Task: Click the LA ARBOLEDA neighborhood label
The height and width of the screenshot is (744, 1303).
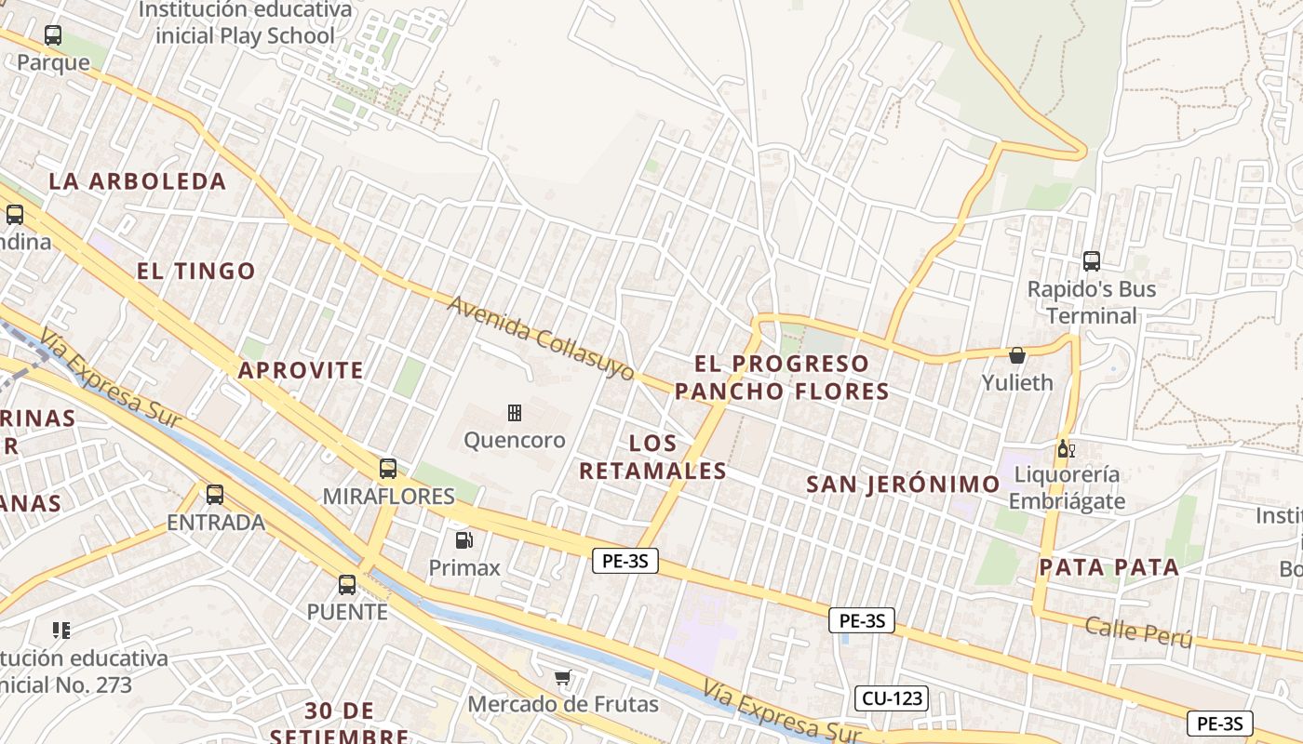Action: (x=138, y=181)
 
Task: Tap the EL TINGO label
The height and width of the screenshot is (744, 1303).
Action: (x=196, y=272)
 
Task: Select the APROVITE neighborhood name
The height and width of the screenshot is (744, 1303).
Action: (x=301, y=370)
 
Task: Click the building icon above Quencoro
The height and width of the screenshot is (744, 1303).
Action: (x=514, y=412)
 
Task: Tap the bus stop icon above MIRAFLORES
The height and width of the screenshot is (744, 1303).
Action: (x=388, y=469)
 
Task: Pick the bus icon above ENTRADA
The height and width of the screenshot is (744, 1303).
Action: (x=215, y=495)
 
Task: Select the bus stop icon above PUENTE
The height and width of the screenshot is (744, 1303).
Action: (x=347, y=585)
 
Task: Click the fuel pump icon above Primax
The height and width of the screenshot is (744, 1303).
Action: (x=463, y=539)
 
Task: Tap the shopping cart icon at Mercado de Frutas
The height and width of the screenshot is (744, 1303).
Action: (x=562, y=677)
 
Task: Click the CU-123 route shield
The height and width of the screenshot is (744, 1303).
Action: (x=891, y=697)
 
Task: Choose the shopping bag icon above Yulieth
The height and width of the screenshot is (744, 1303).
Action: (x=1017, y=355)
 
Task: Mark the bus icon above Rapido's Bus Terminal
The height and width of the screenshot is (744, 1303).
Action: (x=1092, y=261)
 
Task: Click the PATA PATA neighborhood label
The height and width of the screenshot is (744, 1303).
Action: (x=1108, y=567)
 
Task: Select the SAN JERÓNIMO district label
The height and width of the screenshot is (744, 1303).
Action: (x=903, y=484)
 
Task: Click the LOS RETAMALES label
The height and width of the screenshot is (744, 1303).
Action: (x=652, y=457)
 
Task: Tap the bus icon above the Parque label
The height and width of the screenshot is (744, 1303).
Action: (x=53, y=36)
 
